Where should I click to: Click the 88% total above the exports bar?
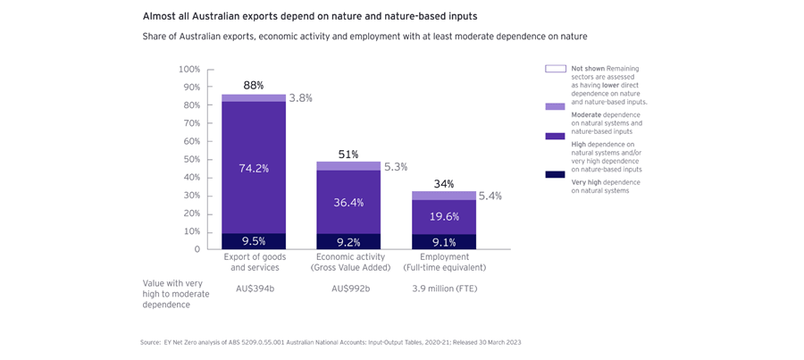[254, 86]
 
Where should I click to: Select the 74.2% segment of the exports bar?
[254, 167]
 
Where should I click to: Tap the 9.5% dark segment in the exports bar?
[254, 240]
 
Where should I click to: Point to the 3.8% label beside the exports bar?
[301, 98]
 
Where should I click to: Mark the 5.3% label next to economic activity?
[395, 166]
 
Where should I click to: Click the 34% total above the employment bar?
[444, 184]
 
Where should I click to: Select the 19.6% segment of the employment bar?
[444, 217]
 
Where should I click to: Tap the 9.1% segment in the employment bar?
[444, 241]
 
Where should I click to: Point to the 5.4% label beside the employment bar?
[491, 196]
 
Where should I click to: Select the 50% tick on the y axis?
[190, 159]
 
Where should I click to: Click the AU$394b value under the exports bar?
[254, 289]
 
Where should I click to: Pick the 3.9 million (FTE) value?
[444, 289]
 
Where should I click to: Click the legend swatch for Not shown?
[555, 69]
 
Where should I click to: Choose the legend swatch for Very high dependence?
[555, 175]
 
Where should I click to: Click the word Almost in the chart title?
[162, 15]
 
